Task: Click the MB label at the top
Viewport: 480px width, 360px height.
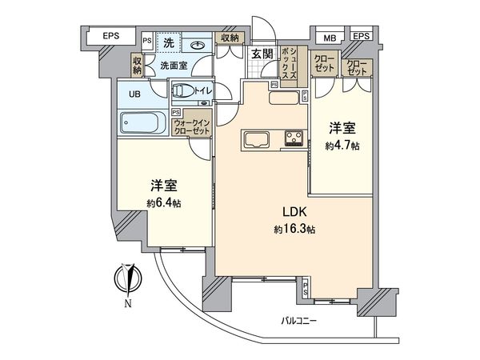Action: [330, 36]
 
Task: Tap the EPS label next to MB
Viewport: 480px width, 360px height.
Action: [362, 36]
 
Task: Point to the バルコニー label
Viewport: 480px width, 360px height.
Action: [299, 321]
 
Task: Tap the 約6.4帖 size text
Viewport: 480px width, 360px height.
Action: [163, 203]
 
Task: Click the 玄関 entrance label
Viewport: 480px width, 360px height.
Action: [260, 54]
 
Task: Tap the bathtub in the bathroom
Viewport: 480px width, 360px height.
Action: [142, 124]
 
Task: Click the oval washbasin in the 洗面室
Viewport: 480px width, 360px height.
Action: [195, 44]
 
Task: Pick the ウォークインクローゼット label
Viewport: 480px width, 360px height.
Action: [196, 126]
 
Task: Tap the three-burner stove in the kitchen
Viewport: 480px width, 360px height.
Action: [293, 138]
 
